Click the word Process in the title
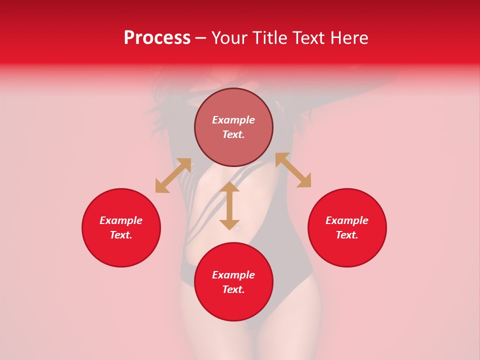click(157, 38)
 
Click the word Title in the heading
click(268, 38)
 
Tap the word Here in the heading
click(347, 38)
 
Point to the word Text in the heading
click(307, 38)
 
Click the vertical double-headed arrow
click(229, 205)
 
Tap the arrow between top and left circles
click(173, 175)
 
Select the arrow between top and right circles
click(293, 170)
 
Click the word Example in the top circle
click(233, 120)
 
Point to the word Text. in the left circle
click(121, 235)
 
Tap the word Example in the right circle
click(347, 220)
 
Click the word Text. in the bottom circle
click(233, 289)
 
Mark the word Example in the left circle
click(121, 220)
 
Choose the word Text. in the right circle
click(347, 235)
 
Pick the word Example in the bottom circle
click(233, 275)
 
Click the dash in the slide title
click(201, 38)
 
